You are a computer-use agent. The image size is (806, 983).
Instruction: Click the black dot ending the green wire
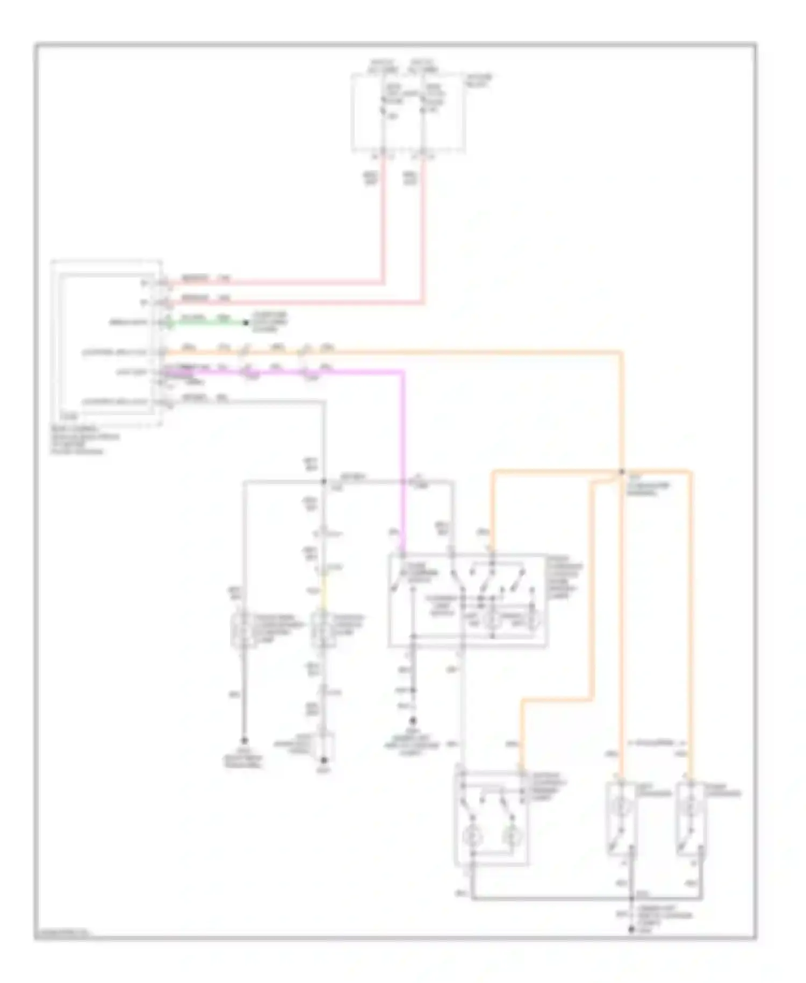pyautogui.click(x=246, y=323)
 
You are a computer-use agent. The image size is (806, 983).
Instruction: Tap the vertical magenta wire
pyautogui.click(x=403, y=457)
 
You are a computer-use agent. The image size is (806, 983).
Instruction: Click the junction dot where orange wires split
pyautogui.click(x=622, y=472)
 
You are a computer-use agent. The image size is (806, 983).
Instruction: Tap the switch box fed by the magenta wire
pyautogui.click(x=467, y=600)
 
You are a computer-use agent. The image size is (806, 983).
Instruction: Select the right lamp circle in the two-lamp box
pyautogui.click(x=509, y=837)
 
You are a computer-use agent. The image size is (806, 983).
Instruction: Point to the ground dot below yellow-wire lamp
pyautogui.click(x=323, y=760)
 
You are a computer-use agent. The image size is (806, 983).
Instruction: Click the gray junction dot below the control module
pyautogui.click(x=324, y=481)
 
